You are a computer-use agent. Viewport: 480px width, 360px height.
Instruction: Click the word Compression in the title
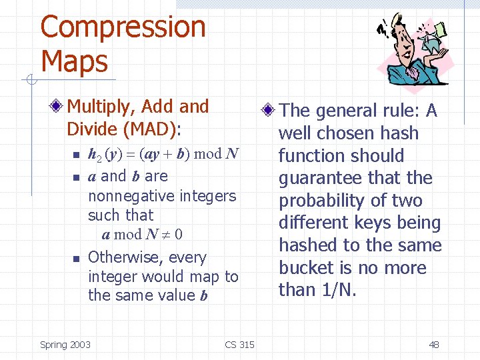(x=123, y=28)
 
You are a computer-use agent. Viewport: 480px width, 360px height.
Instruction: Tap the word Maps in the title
(x=74, y=61)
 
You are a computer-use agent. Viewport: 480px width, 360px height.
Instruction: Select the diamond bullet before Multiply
(x=59, y=107)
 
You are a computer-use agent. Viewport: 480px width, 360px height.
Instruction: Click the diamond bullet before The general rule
(x=269, y=111)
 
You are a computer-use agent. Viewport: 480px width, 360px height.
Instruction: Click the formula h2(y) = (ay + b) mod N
(x=164, y=154)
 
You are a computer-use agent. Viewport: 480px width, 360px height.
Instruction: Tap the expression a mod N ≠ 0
(x=142, y=235)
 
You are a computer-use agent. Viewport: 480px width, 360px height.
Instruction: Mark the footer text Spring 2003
(x=65, y=345)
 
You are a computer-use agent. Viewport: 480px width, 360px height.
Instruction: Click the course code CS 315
(x=239, y=345)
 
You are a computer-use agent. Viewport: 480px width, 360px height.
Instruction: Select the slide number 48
(x=433, y=345)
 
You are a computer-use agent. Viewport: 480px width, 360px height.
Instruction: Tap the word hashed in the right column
(x=309, y=245)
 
